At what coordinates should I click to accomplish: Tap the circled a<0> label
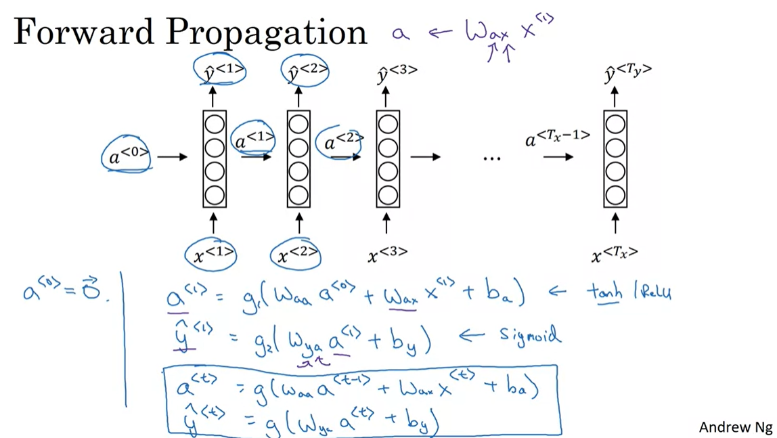(x=128, y=156)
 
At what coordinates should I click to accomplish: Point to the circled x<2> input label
(x=296, y=255)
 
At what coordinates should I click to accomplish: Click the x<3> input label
(x=388, y=255)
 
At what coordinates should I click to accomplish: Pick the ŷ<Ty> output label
(x=627, y=72)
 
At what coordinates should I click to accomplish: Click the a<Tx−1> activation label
(x=557, y=139)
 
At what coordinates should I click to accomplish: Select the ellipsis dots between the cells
(x=492, y=158)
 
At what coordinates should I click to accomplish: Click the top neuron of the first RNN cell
(x=215, y=125)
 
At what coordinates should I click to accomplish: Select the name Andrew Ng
(x=734, y=426)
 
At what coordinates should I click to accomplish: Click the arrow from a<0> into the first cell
(x=173, y=157)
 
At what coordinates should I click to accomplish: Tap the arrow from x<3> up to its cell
(x=388, y=223)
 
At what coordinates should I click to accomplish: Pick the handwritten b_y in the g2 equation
(x=412, y=344)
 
